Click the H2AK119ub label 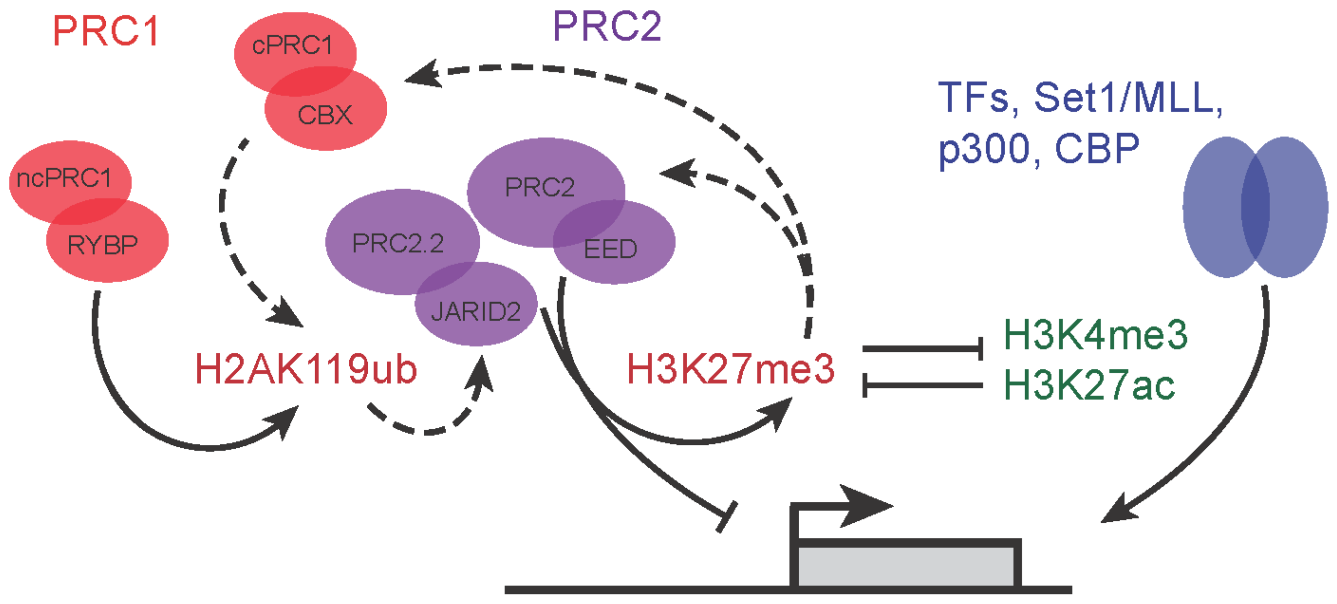[306, 369]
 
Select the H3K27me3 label [731, 369]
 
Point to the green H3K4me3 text [1095, 335]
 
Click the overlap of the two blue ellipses [1255, 207]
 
